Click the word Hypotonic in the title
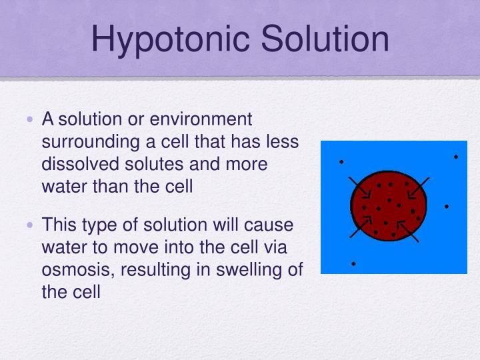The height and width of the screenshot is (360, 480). click(x=171, y=39)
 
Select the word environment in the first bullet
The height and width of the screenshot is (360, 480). click(x=201, y=119)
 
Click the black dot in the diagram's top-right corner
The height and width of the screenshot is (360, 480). click(x=456, y=157)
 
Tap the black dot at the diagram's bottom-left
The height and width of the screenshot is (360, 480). click(x=353, y=264)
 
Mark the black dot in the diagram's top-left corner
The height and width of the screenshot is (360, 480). click(x=341, y=161)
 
